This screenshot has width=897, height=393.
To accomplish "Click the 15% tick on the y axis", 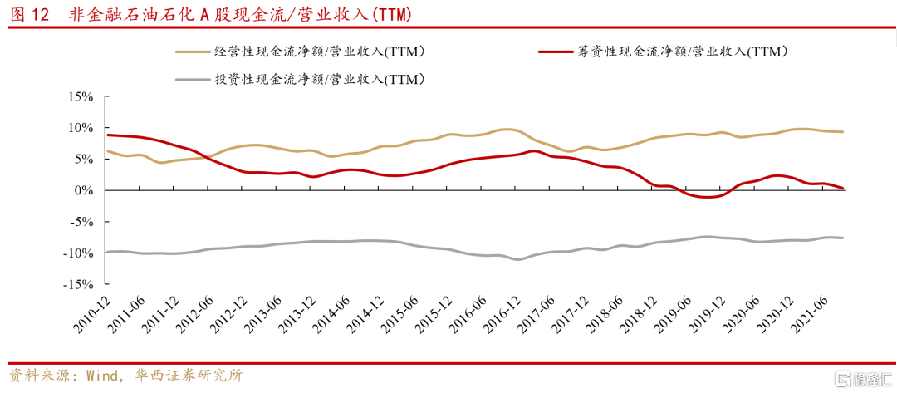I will point(79,96).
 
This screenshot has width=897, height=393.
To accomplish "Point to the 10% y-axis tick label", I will point(79,128).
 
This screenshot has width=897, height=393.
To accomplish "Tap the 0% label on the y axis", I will point(85,190).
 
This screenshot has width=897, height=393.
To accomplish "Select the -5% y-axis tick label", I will point(81,222).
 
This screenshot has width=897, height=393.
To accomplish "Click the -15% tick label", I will point(77,284).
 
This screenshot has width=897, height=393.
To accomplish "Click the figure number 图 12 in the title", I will point(29,15).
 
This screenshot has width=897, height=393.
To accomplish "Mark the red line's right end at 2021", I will point(842,188).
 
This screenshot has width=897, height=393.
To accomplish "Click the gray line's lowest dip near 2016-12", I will point(518,259).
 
